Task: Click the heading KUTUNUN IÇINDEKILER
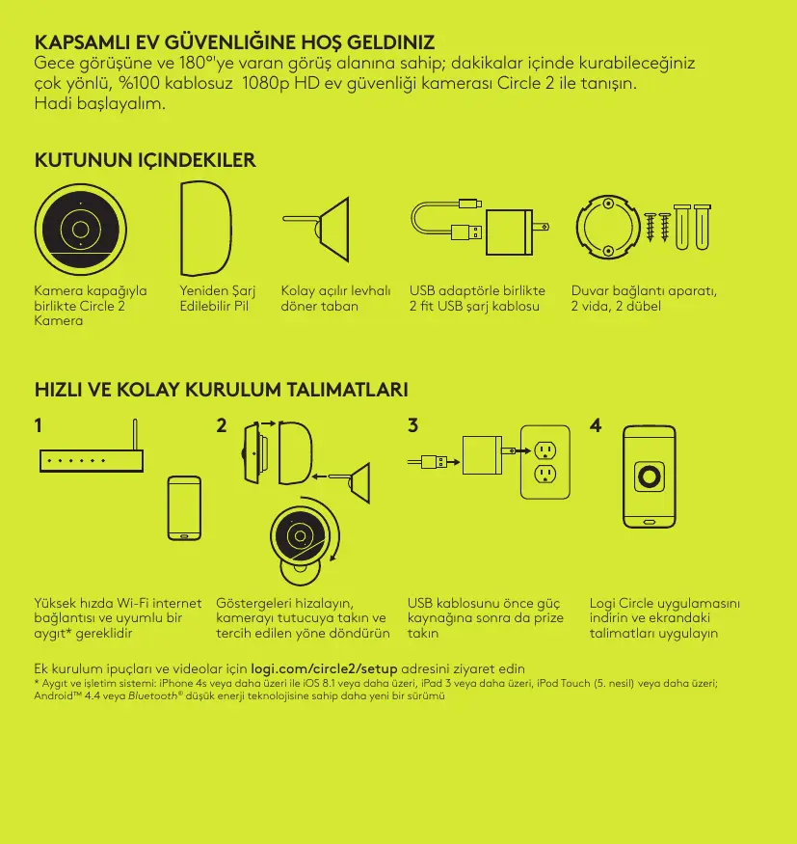tap(145, 160)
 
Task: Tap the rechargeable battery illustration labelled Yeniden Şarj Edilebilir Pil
tap(206, 229)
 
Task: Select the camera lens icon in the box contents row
tap(81, 230)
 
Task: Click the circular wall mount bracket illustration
tap(608, 227)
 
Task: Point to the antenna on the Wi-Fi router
tap(135, 435)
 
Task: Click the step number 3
tap(412, 425)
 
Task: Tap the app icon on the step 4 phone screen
tap(650, 476)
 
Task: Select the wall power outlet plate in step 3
tap(545, 462)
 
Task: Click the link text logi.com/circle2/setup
tap(324, 669)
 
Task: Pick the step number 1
tap(39, 425)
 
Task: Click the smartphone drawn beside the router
tap(184, 508)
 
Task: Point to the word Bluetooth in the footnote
tap(152, 696)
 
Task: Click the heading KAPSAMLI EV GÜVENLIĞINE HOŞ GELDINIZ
tap(234, 42)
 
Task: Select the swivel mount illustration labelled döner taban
tap(316, 230)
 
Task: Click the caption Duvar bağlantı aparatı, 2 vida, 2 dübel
tap(644, 298)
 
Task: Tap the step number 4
tap(596, 425)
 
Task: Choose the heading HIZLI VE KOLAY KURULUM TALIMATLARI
tap(221, 390)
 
